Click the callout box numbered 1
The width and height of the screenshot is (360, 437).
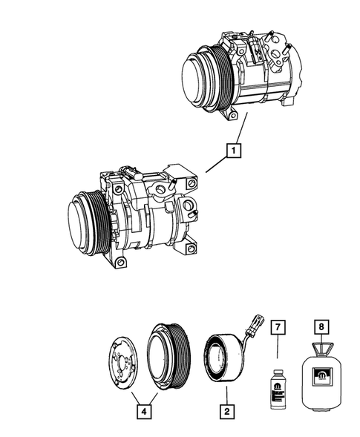[x=234, y=152]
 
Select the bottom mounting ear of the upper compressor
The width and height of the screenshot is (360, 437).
[x=232, y=116]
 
